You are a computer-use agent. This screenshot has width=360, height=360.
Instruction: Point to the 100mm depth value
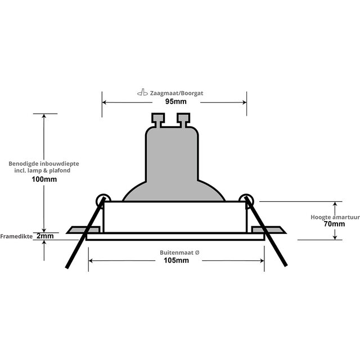click(44, 179)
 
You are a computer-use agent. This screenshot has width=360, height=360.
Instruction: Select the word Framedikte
click(17, 236)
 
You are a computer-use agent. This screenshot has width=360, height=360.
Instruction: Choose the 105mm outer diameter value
click(176, 260)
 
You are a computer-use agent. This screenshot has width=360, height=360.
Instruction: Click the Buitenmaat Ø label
click(176, 253)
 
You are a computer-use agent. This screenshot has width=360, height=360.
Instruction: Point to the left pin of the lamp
click(157, 120)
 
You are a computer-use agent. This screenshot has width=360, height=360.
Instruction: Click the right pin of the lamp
click(183, 120)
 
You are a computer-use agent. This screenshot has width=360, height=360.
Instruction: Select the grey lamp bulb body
click(173, 163)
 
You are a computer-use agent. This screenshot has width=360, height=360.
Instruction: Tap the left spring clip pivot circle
click(103, 199)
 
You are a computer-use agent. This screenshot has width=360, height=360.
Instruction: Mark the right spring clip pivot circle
click(245, 199)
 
